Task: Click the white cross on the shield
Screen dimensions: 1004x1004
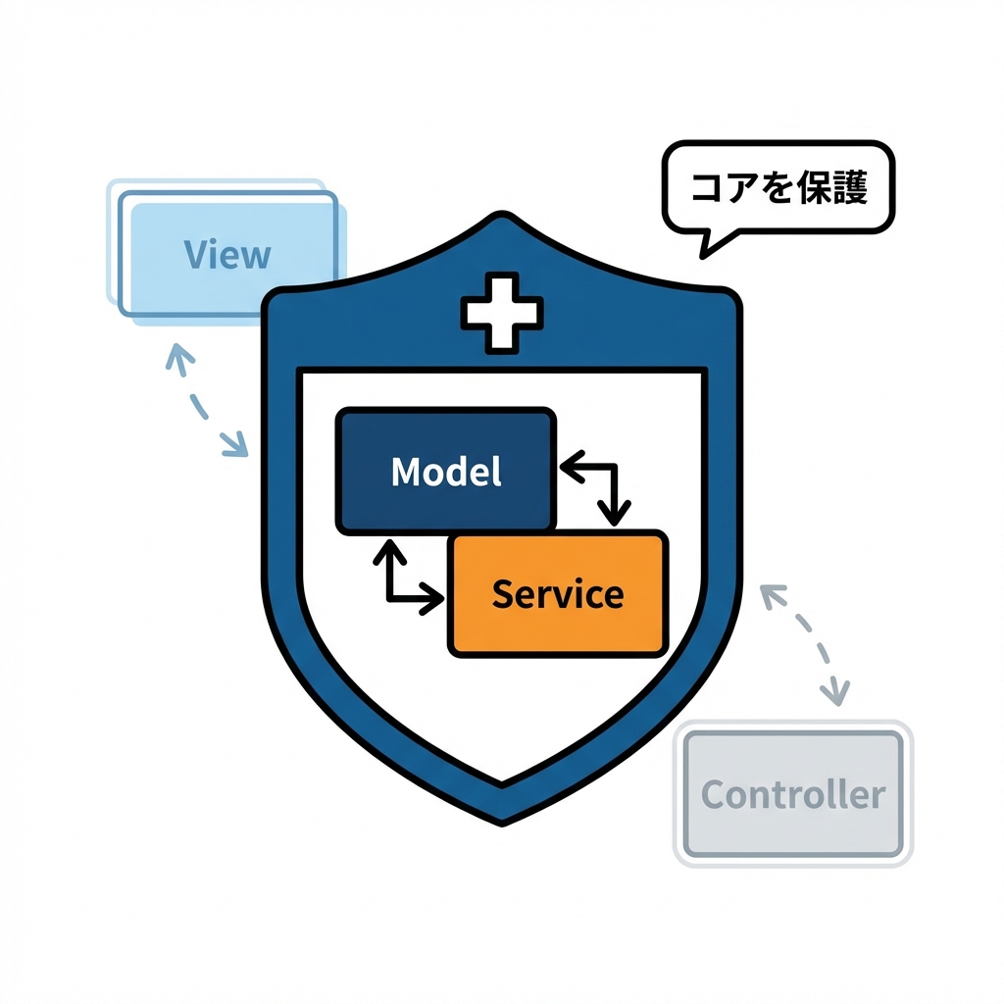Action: coord(501,313)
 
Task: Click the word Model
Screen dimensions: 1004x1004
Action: coord(446,472)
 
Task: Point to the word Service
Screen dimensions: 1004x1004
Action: coord(557,594)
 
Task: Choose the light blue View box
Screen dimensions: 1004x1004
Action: coord(227,253)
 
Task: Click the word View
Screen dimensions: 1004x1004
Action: coord(226,255)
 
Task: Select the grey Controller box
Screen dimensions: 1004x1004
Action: coord(792,793)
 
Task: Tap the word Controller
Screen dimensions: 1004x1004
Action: coord(792,794)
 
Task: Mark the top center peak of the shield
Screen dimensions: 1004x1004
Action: coord(502,217)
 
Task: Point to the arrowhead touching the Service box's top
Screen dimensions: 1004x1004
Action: coord(617,514)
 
